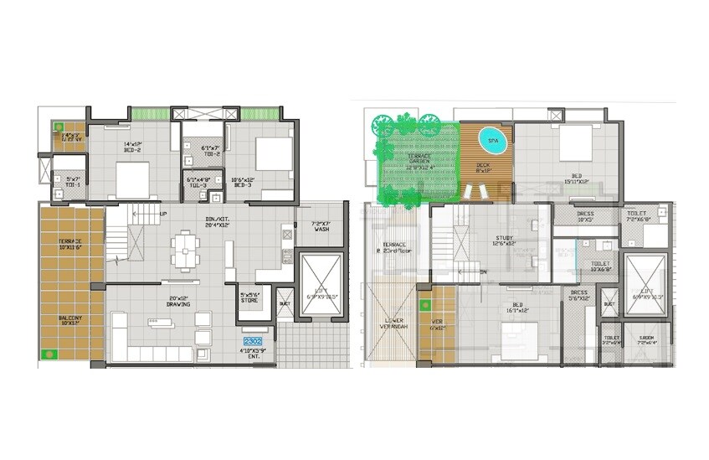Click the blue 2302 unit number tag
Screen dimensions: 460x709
[253, 342]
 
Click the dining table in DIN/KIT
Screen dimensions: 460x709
[184, 250]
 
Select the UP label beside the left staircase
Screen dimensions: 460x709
[162, 214]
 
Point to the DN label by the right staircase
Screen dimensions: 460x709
[482, 272]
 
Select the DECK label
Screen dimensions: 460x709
[482, 166]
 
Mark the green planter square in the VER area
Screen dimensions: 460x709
[425, 304]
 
